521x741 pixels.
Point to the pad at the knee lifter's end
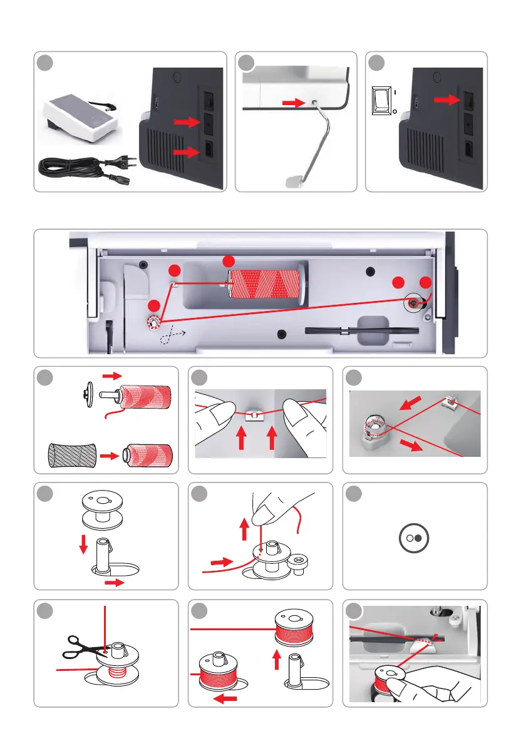294,182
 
